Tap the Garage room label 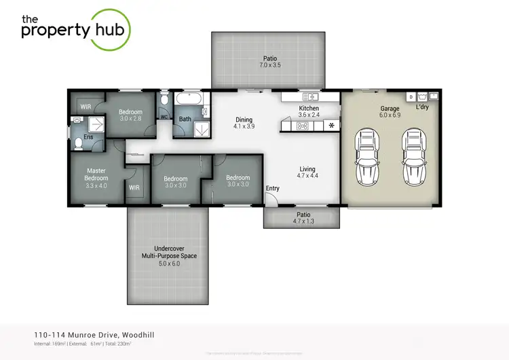pyautogui.click(x=390, y=112)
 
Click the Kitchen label pyautogui.click(x=309, y=111)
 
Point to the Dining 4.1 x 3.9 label pyautogui.click(x=243, y=122)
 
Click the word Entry pyautogui.click(x=273, y=188)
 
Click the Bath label pyautogui.click(x=185, y=120)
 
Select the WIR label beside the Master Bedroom pyautogui.click(x=134, y=187)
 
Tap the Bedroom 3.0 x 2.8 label pyautogui.click(x=130, y=115)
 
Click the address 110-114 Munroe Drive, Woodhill pyautogui.click(x=98, y=335)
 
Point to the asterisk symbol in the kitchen pyautogui.click(x=331, y=126)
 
